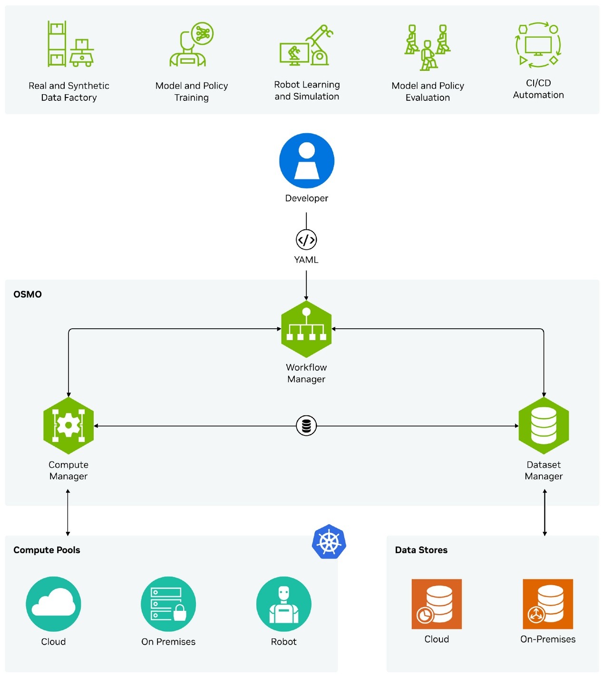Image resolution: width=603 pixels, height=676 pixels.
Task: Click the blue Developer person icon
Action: [x=307, y=161]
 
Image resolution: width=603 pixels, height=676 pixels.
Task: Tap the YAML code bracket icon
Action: [x=306, y=240]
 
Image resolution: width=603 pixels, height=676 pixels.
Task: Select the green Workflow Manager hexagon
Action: [x=306, y=329]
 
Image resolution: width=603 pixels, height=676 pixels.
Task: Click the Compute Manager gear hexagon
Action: [x=68, y=426]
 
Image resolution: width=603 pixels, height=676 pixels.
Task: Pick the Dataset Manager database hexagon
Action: [x=544, y=426]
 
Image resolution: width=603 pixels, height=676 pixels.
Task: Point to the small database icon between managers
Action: [x=306, y=426]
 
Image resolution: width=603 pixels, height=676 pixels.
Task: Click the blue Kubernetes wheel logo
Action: [x=329, y=542]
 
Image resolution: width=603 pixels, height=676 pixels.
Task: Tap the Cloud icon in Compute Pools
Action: [x=53, y=604]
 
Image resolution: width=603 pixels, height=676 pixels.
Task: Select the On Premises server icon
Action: [x=168, y=604]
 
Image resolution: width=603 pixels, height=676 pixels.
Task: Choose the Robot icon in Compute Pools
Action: [x=284, y=604]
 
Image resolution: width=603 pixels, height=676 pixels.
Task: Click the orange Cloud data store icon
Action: [x=437, y=604]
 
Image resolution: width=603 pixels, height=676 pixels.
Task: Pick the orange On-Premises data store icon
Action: [x=548, y=604]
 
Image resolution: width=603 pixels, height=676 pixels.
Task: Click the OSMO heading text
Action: [x=28, y=294]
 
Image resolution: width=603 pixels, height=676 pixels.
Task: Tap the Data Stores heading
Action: [x=421, y=550]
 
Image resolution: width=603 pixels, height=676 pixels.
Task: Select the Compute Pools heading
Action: [x=47, y=550]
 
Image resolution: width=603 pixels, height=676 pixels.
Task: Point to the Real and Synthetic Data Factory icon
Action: [x=70, y=44]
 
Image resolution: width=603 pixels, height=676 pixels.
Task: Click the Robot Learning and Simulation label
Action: [x=307, y=90]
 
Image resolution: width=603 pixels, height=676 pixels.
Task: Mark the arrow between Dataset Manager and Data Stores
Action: [x=545, y=513]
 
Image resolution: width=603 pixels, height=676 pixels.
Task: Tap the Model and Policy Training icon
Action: [x=192, y=44]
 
